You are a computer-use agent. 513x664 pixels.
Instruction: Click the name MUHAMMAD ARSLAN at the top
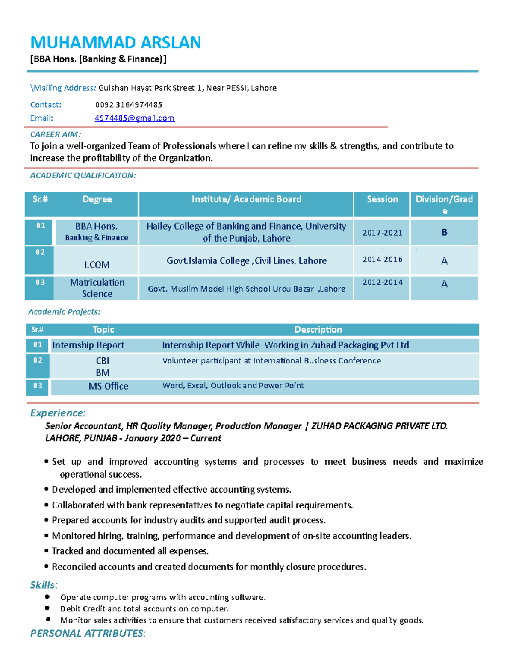115,42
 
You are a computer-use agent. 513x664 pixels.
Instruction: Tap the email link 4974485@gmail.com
134,118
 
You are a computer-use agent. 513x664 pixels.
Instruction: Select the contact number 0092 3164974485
128,105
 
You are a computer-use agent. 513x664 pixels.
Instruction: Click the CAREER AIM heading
55,134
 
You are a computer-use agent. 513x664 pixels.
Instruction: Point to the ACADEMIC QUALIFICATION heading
83,175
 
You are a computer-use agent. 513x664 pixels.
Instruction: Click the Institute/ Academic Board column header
246,199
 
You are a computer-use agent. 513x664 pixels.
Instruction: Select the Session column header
382,199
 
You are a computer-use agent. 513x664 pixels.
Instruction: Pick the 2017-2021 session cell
382,233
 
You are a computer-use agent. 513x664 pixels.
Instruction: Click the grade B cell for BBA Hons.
444,232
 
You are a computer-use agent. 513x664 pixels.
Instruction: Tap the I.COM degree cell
97,265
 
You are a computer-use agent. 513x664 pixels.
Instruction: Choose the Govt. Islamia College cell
246,261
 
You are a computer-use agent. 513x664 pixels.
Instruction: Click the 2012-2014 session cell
382,282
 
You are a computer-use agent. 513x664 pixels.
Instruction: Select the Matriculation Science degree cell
97,288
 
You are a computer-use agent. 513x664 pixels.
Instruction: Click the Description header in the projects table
318,330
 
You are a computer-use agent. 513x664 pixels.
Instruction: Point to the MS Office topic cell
108,386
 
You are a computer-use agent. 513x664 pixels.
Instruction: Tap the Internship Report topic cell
88,345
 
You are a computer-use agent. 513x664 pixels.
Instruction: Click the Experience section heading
57,413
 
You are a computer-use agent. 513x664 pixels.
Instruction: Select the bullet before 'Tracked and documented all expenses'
46,551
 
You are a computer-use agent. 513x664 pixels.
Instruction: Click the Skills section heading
43,585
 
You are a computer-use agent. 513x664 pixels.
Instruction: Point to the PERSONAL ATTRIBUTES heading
88,633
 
